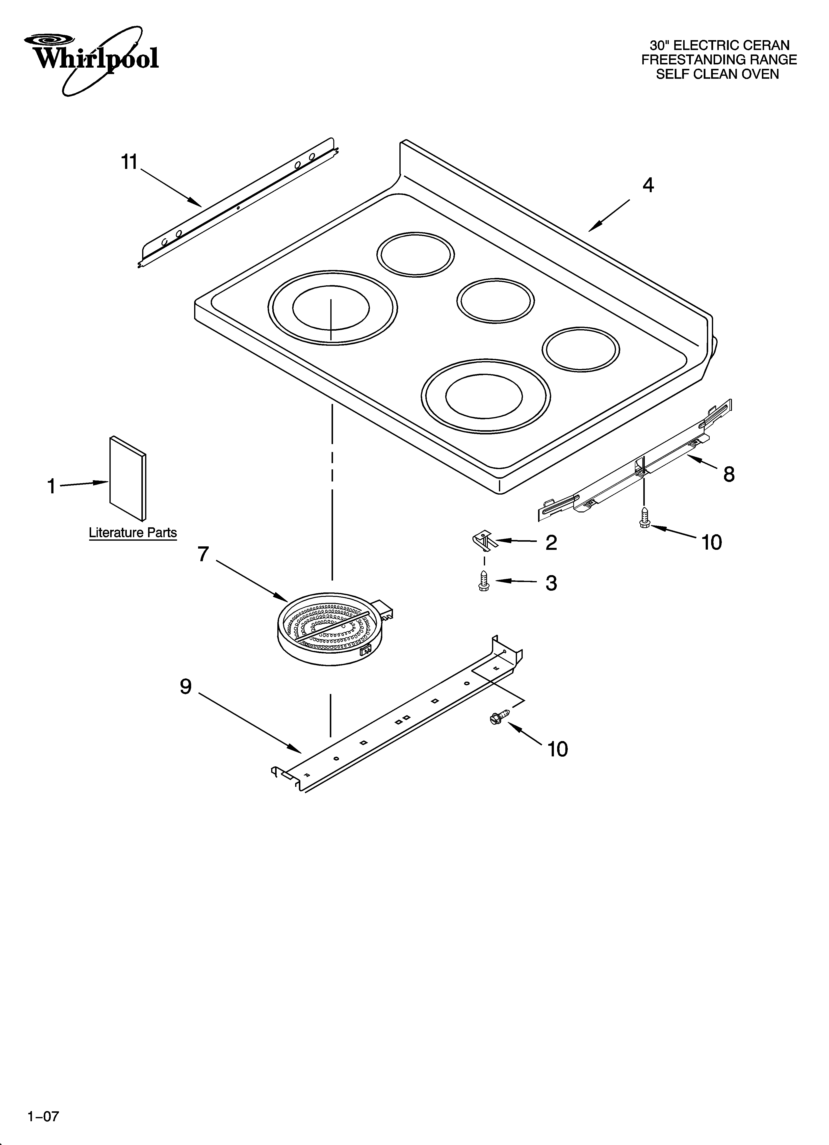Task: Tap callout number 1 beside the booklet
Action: (51, 487)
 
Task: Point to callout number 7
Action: (203, 554)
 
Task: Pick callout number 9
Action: (186, 687)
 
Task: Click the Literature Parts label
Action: (133, 533)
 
